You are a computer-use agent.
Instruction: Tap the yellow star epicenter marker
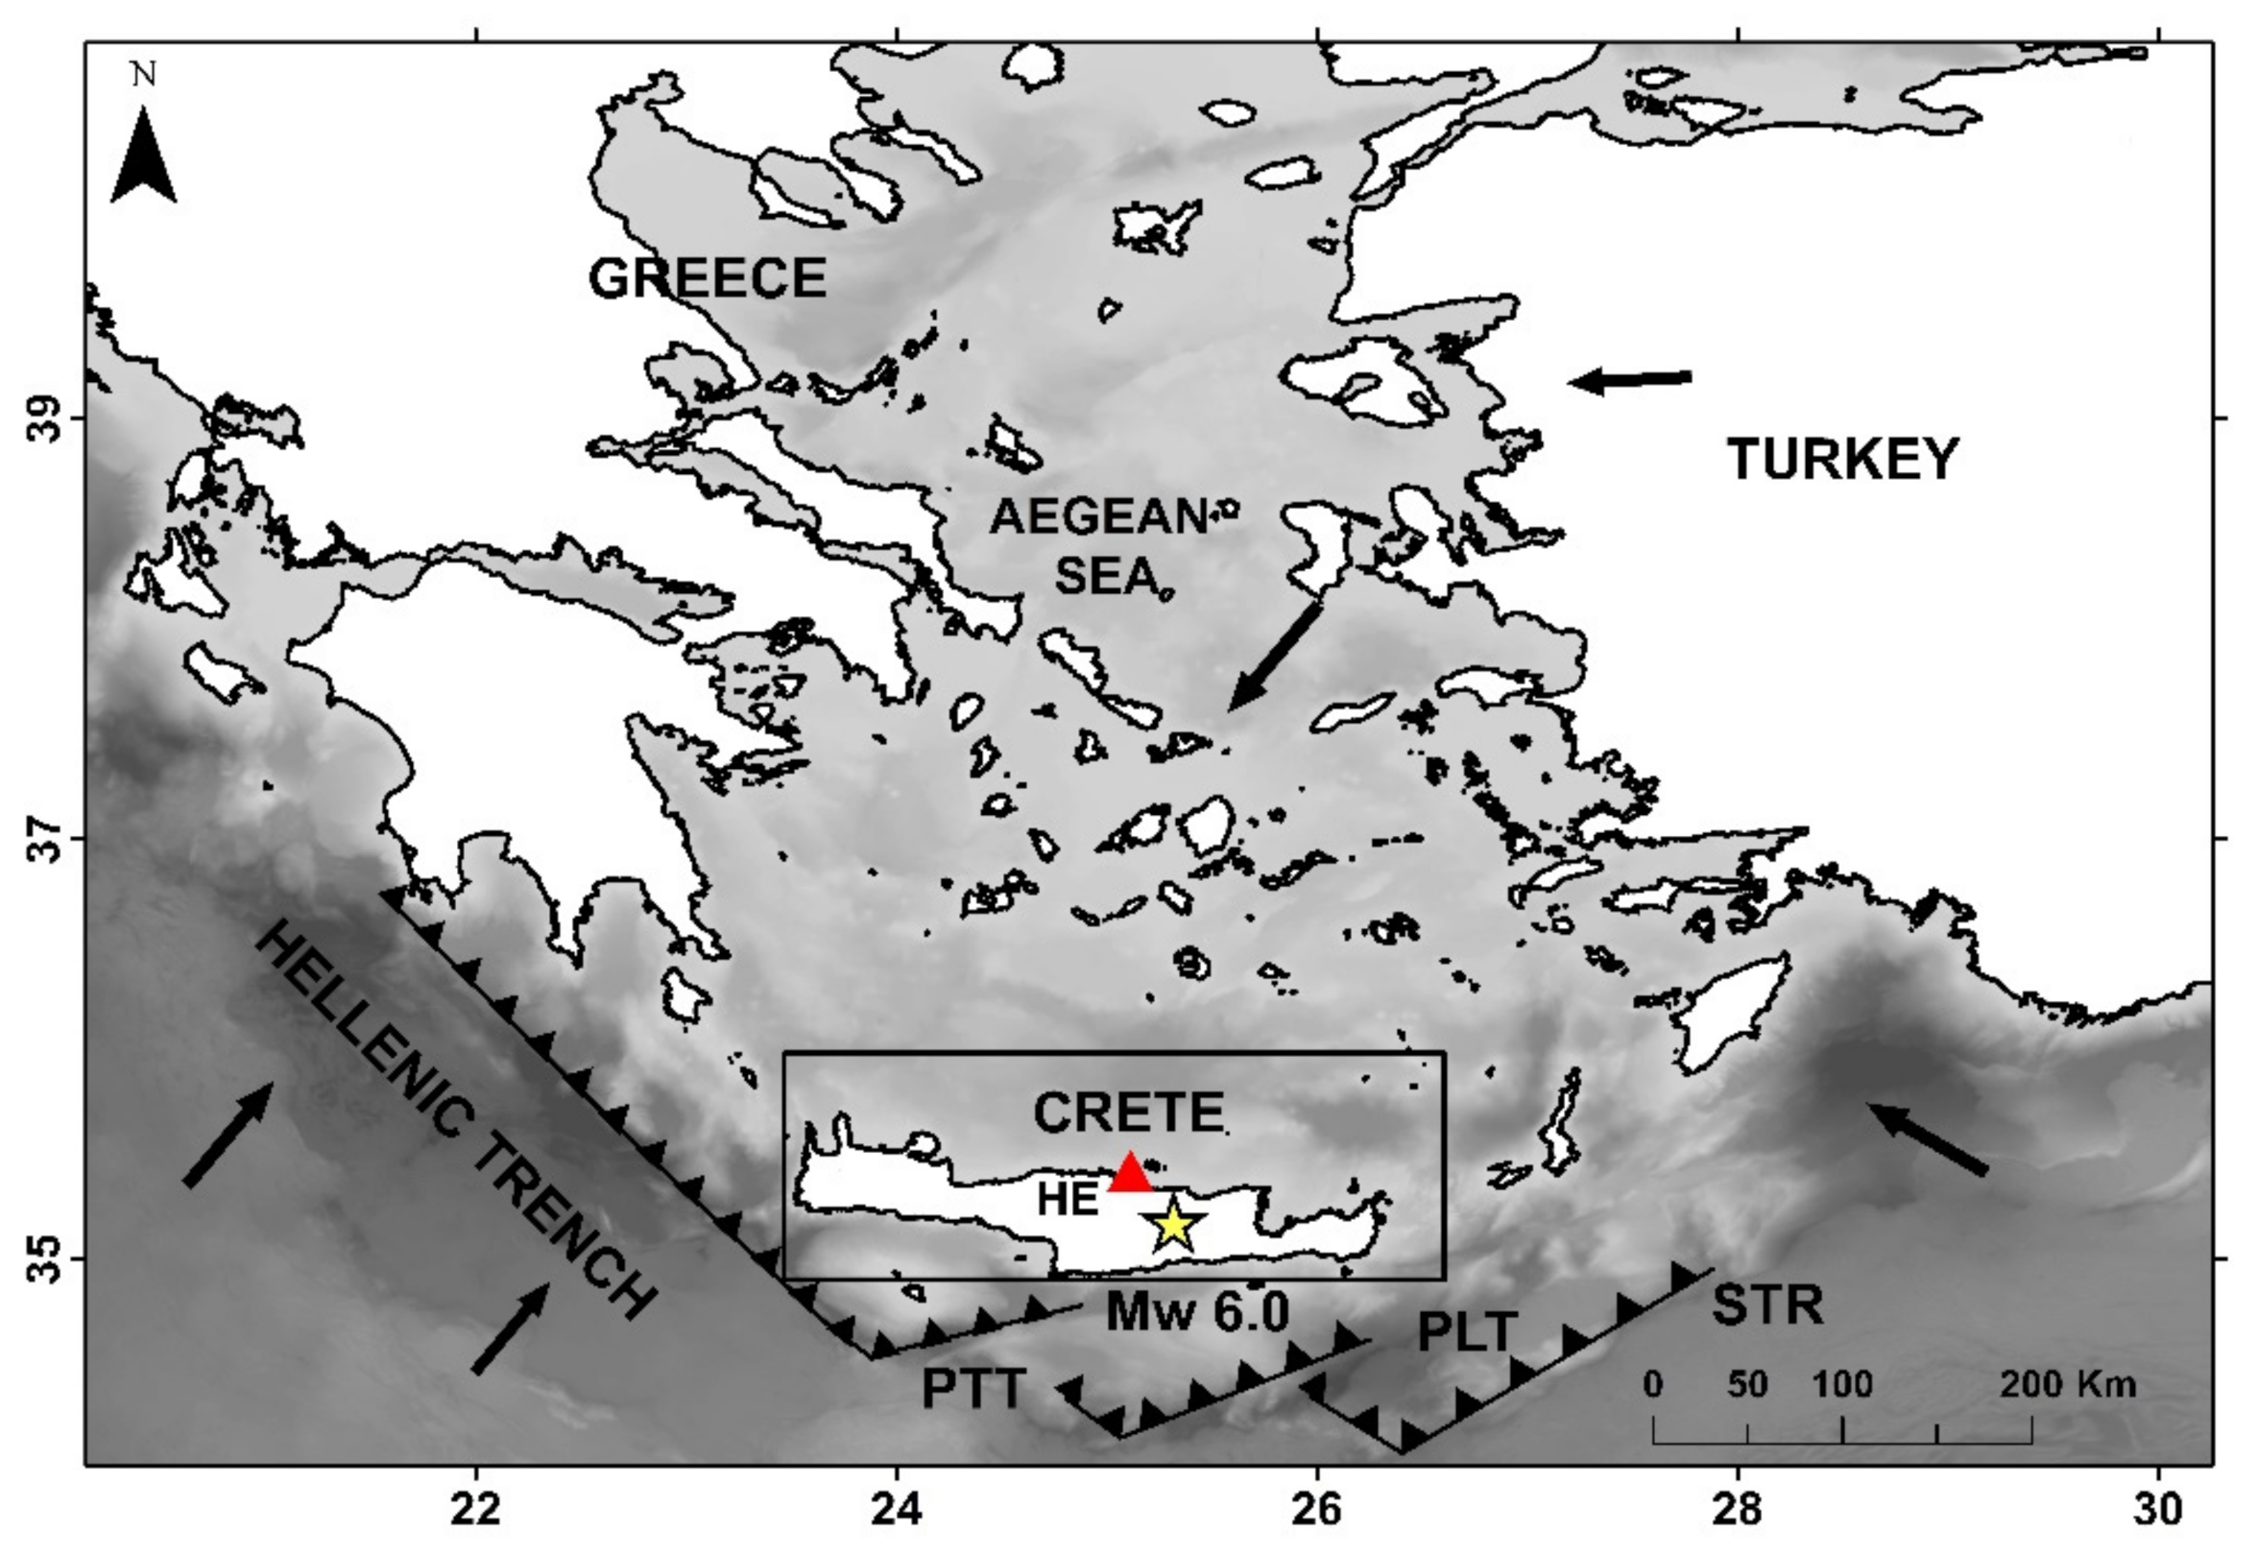pyautogui.click(x=1174, y=1226)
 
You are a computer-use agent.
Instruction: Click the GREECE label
pyautogui.click(x=708, y=277)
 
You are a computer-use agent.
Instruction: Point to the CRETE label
pyautogui.click(x=1128, y=1112)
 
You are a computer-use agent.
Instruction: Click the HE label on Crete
pyautogui.click(x=1069, y=1200)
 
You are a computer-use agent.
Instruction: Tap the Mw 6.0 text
pyautogui.click(x=1198, y=1311)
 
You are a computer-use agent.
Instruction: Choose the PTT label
pyautogui.click(x=973, y=1390)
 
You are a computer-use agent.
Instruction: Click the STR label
pyautogui.click(x=1767, y=1305)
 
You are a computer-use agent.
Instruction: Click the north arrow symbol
pyautogui.click(x=144, y=155)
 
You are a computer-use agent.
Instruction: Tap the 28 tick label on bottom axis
pyautogui.click(x=1738, y=1509)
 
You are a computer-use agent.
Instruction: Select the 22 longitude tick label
pyautogui.click(x=476, y=1509)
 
